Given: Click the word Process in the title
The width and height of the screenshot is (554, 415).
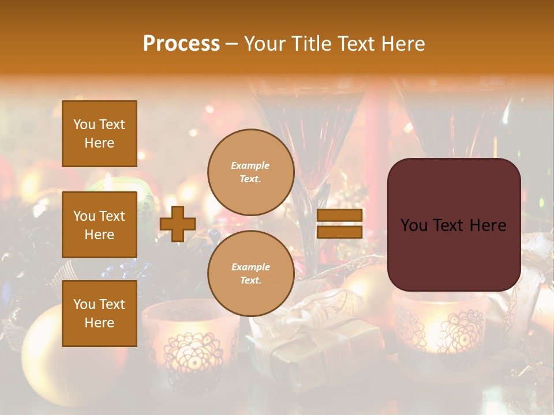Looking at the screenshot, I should [x=181, y=44].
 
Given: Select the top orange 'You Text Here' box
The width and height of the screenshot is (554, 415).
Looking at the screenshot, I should [x=99, y=134].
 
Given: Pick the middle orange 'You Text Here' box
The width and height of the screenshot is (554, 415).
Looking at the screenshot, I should [x=99, y=225].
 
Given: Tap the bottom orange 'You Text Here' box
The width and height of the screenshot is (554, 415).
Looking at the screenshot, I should [x=99, y=314].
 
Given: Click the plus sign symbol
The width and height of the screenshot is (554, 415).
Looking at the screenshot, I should [x=178, y=224].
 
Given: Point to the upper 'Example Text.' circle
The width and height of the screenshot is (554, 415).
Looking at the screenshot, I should [x=250, y=172].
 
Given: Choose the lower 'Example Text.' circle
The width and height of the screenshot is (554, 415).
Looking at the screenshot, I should [x=250, y=274].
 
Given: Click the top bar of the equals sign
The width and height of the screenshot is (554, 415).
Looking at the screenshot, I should [x=339, y=216].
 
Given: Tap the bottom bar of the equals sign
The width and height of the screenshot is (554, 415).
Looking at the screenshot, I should [x=339, y=232].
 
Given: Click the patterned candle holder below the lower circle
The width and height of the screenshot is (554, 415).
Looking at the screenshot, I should [x=190, y=346].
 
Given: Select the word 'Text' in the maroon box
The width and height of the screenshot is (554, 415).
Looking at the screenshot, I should [x=452, y=225].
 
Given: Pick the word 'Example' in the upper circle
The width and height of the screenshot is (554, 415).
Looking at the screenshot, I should [x=250, y=165].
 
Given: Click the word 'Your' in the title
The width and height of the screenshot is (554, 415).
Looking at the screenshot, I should [x=263, y=44].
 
